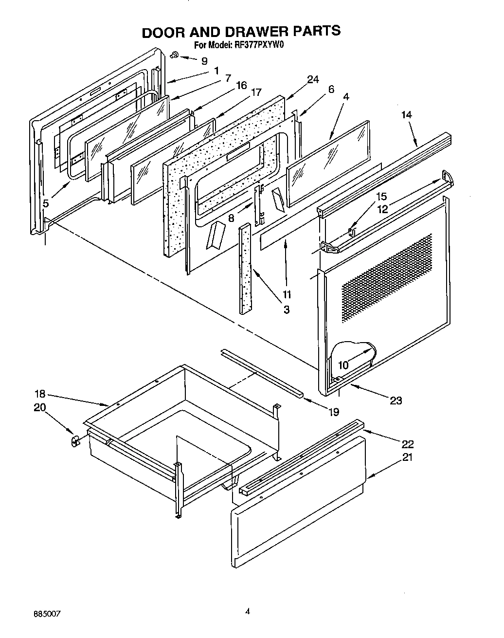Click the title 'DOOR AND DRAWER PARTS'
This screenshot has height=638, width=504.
(241, 31)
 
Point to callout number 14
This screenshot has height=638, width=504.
(406, 115)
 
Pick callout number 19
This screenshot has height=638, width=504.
(333, 412)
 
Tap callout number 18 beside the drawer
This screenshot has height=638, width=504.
(40, 394)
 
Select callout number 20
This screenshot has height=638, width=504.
(40, 408)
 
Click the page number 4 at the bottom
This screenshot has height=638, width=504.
(248, 612)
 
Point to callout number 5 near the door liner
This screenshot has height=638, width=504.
(45, 203)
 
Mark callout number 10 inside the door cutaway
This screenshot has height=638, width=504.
(343, 365)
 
